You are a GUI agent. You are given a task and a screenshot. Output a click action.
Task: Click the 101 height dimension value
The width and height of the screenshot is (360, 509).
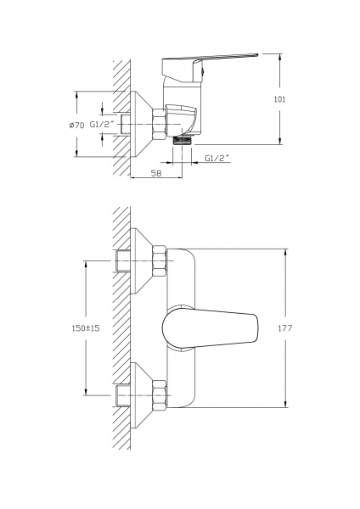pos(279,99)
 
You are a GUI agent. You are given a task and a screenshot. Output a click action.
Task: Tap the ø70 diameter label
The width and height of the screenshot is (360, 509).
pos(76,125)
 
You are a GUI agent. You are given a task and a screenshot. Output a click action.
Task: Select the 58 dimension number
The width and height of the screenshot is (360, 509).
pos(156,173)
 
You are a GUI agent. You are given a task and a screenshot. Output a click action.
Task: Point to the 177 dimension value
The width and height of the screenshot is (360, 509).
pos(285,328)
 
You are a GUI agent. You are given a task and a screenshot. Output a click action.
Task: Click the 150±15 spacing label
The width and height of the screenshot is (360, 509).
pos(86,328)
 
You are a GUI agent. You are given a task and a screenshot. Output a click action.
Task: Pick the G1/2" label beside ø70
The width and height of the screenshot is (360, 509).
pos(103,125)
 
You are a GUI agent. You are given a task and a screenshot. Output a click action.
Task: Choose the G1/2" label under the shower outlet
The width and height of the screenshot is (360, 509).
pos(217,158)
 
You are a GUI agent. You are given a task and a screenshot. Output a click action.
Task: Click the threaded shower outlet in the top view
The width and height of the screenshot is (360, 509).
pos(182,140)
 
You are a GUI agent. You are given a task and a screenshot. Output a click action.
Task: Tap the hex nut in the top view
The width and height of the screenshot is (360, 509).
pos(160,125)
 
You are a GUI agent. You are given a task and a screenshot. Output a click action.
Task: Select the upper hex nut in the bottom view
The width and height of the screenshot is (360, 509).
pos(160,261)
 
